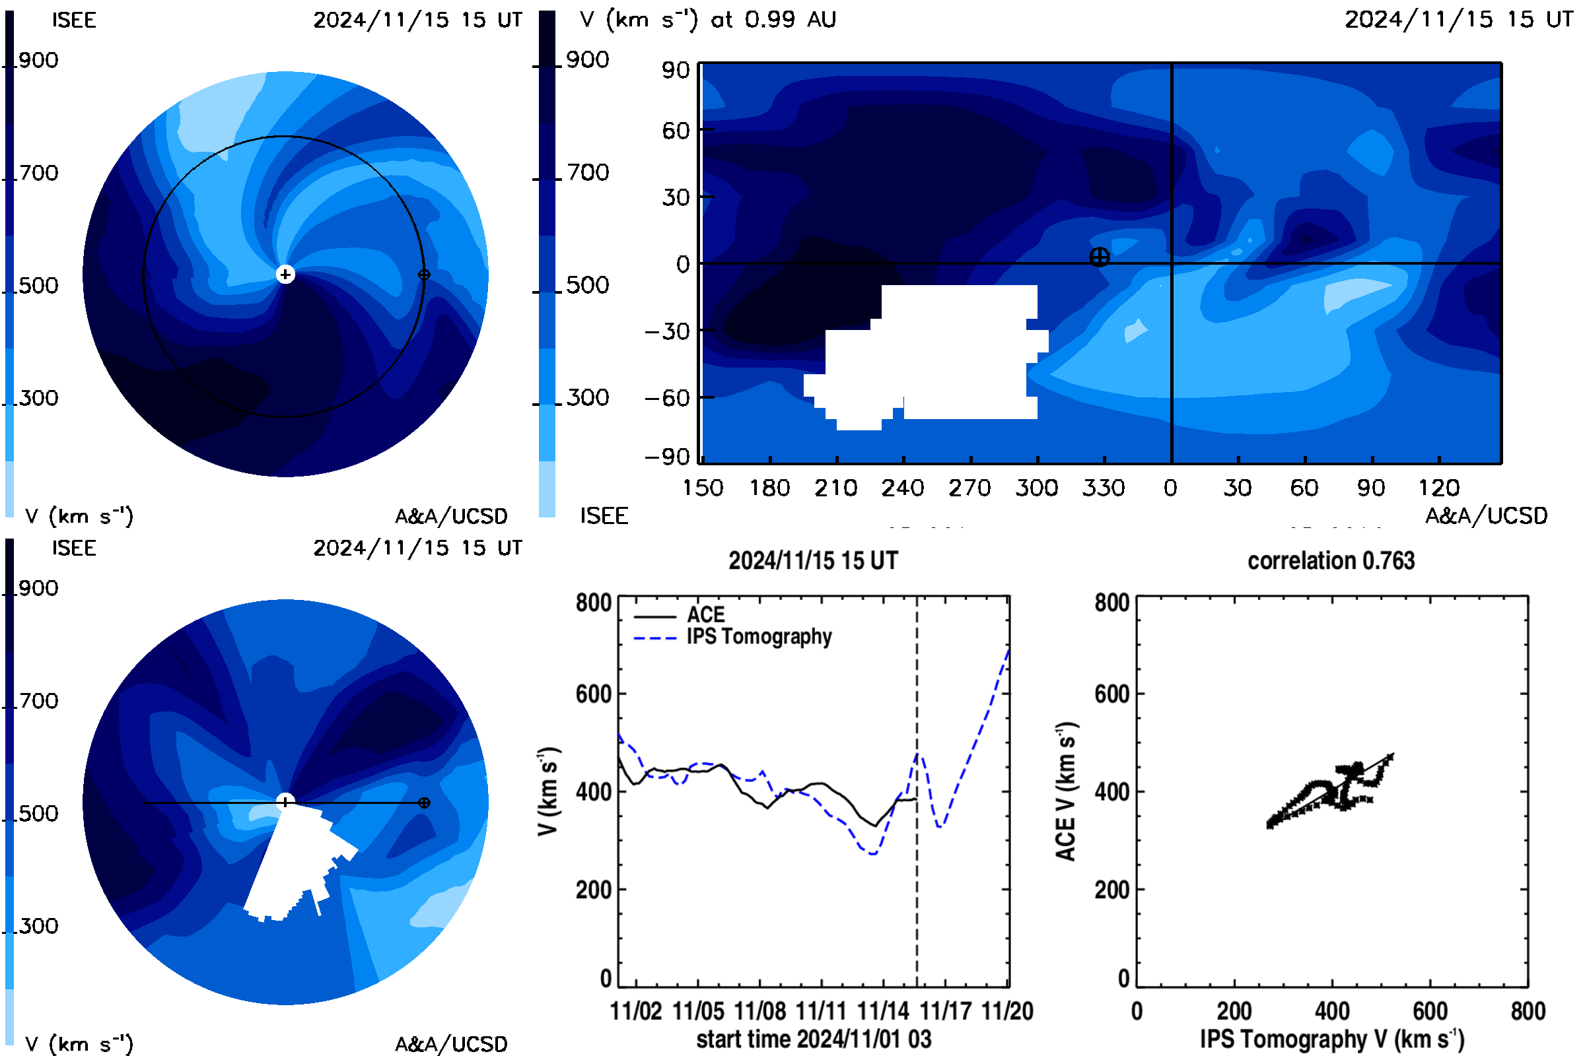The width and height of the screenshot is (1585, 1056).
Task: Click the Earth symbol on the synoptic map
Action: tap(1099, 257)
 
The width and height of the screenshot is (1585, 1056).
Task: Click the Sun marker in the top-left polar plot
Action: tap(285, 274)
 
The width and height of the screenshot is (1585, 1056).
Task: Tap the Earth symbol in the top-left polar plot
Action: tap(424, 275)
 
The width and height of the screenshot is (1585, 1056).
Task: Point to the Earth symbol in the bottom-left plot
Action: tap(424, 803)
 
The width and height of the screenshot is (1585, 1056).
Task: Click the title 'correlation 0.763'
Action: tap(1331, 561)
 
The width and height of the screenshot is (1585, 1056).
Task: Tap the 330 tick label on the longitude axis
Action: tap(1104, 488)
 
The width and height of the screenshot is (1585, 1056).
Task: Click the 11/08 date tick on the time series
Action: tap(759, 1012)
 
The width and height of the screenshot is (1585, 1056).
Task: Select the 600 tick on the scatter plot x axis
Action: tap(1430, 1012)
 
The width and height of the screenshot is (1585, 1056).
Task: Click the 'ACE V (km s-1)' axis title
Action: tap(1066, 791)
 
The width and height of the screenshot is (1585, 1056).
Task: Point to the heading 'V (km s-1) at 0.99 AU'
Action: tap(707, 20)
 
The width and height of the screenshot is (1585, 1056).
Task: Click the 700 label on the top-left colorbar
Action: tap(38, 173)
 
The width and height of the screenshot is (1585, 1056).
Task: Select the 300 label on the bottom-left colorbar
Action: tap(38, 926)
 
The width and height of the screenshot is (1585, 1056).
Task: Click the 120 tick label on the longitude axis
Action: tap(1439, 488)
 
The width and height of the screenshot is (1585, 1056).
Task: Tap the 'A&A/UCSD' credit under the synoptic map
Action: tap(1486, 516)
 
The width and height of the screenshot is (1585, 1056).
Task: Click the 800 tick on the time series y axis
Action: tap(594, 603)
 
